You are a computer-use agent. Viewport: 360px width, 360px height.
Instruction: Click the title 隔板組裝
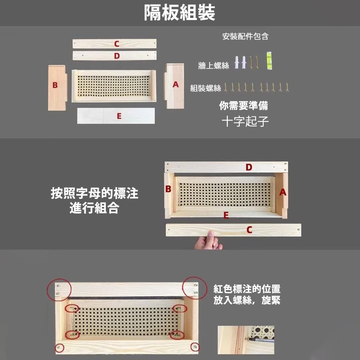[180, 13]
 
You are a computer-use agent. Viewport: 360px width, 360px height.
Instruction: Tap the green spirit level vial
[269, 60]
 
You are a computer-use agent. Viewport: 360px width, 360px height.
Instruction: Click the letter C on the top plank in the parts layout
[116, 44]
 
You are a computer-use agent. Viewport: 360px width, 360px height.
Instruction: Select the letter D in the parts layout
[117, 56]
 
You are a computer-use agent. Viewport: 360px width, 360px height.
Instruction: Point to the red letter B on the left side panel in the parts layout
[55, 85]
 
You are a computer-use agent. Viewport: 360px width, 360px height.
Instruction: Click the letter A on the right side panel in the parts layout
[176, 84]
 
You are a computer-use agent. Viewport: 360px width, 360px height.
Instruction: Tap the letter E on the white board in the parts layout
[119, 116]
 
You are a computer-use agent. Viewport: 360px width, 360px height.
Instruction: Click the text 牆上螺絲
[214, 65]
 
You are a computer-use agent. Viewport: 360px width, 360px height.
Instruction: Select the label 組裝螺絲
[206, 88]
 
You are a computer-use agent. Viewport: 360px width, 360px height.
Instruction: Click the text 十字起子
[245, 121]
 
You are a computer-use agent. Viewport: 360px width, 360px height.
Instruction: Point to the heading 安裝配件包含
[245, 36]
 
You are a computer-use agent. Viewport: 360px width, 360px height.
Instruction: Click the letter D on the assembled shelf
[249, 167]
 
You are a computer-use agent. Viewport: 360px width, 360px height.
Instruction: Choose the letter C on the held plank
[249, 230]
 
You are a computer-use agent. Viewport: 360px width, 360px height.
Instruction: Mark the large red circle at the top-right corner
[195, 288]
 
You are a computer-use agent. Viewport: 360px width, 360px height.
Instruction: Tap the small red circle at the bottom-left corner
[60, 348]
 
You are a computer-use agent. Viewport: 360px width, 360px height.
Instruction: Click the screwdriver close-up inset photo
[246, 340]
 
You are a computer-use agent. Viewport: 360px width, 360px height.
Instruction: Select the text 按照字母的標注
[95, 193]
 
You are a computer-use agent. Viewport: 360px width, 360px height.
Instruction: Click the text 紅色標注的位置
[247, 289]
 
